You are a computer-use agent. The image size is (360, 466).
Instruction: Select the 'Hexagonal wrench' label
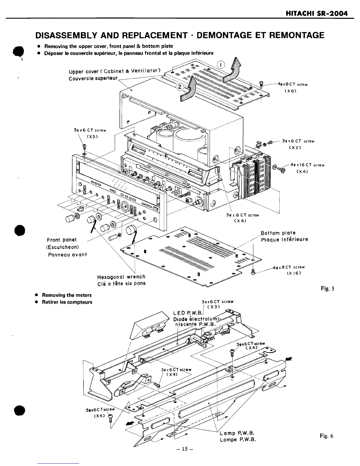(x=121, y=277)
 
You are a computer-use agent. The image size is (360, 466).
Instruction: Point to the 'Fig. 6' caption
(x=327, y=436)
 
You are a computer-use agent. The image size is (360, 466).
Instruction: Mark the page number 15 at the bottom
(x=180, y=449)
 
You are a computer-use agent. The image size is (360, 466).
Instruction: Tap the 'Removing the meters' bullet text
(x=67, y=295)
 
